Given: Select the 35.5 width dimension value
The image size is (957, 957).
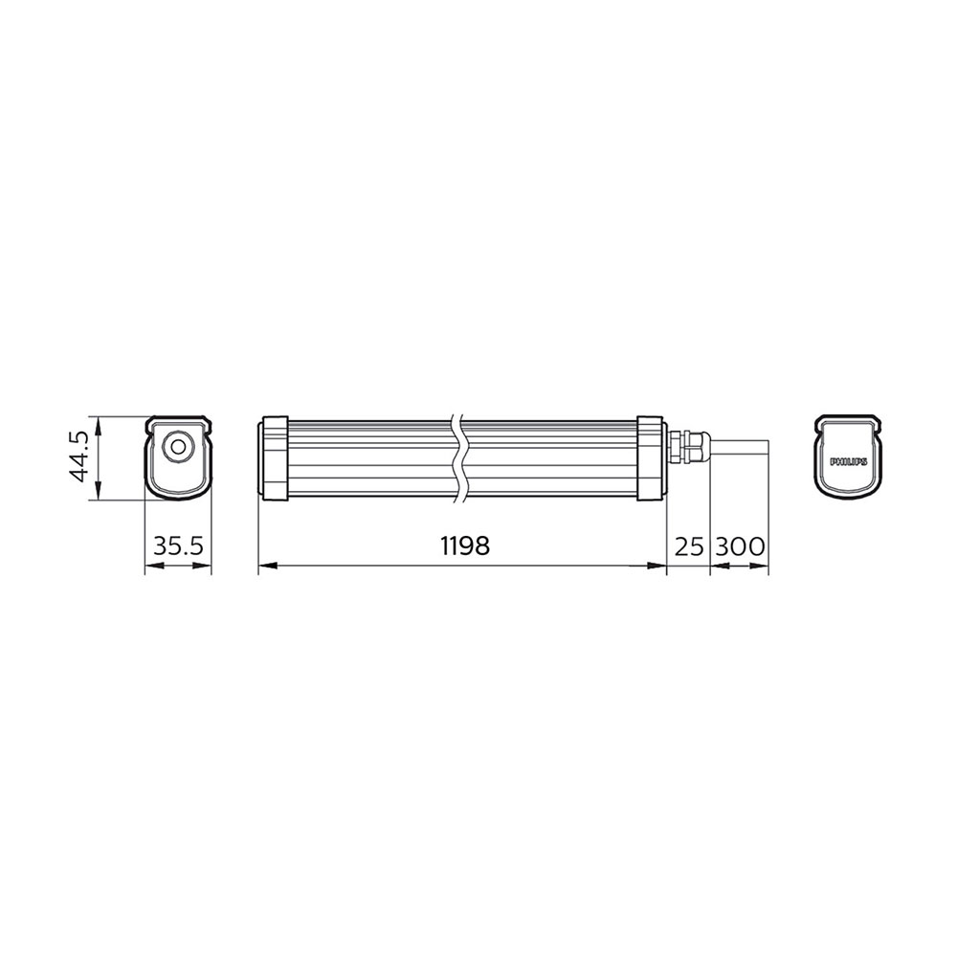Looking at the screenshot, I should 177,546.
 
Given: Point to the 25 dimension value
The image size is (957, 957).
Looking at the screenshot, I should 689,546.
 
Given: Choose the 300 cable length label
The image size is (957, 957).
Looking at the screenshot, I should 741,546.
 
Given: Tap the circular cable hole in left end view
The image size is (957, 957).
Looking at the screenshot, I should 177,446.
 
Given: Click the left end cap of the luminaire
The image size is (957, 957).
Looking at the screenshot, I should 275,457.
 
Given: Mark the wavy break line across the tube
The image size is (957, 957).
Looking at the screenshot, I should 460,457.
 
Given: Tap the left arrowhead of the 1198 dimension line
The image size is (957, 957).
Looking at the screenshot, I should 265,566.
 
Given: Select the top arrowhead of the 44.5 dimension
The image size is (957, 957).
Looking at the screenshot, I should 96,422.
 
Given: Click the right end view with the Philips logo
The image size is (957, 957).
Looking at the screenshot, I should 848,457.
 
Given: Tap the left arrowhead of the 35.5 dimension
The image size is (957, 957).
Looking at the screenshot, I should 149,566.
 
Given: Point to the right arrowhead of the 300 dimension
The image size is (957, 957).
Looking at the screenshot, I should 764,566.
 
